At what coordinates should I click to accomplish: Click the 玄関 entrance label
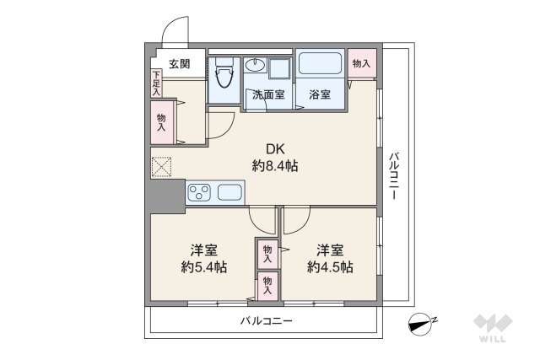pyautogui.click(x=178, y=63)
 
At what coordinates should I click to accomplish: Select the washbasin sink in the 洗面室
pyautogui.click(x=256, y=67)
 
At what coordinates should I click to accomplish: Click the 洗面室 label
pyautogui.click(x=267, y=95)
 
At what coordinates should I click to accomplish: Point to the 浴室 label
pyautogui.click(x=319, y=95)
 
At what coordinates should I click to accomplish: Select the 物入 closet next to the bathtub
pyautogui.click(x=361, y=63)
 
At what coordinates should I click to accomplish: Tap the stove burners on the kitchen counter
pyautogui.click(x=200, y=193)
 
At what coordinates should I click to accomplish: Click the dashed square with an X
pyautogui.click(x=161, y=167)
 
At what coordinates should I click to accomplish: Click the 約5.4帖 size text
pyautogui.click(x=203, y=267)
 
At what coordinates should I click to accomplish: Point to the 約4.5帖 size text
pyautogui.click(x=330, y=267)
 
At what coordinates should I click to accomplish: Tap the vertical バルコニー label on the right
pyautogui.click(x=393, y=176)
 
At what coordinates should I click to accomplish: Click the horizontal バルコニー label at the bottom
pyautogui.click(x=266, y=321)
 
